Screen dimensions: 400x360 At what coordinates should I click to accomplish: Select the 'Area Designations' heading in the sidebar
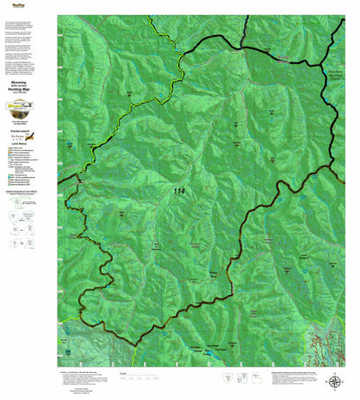pyautogui.click(x=26, y=204)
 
